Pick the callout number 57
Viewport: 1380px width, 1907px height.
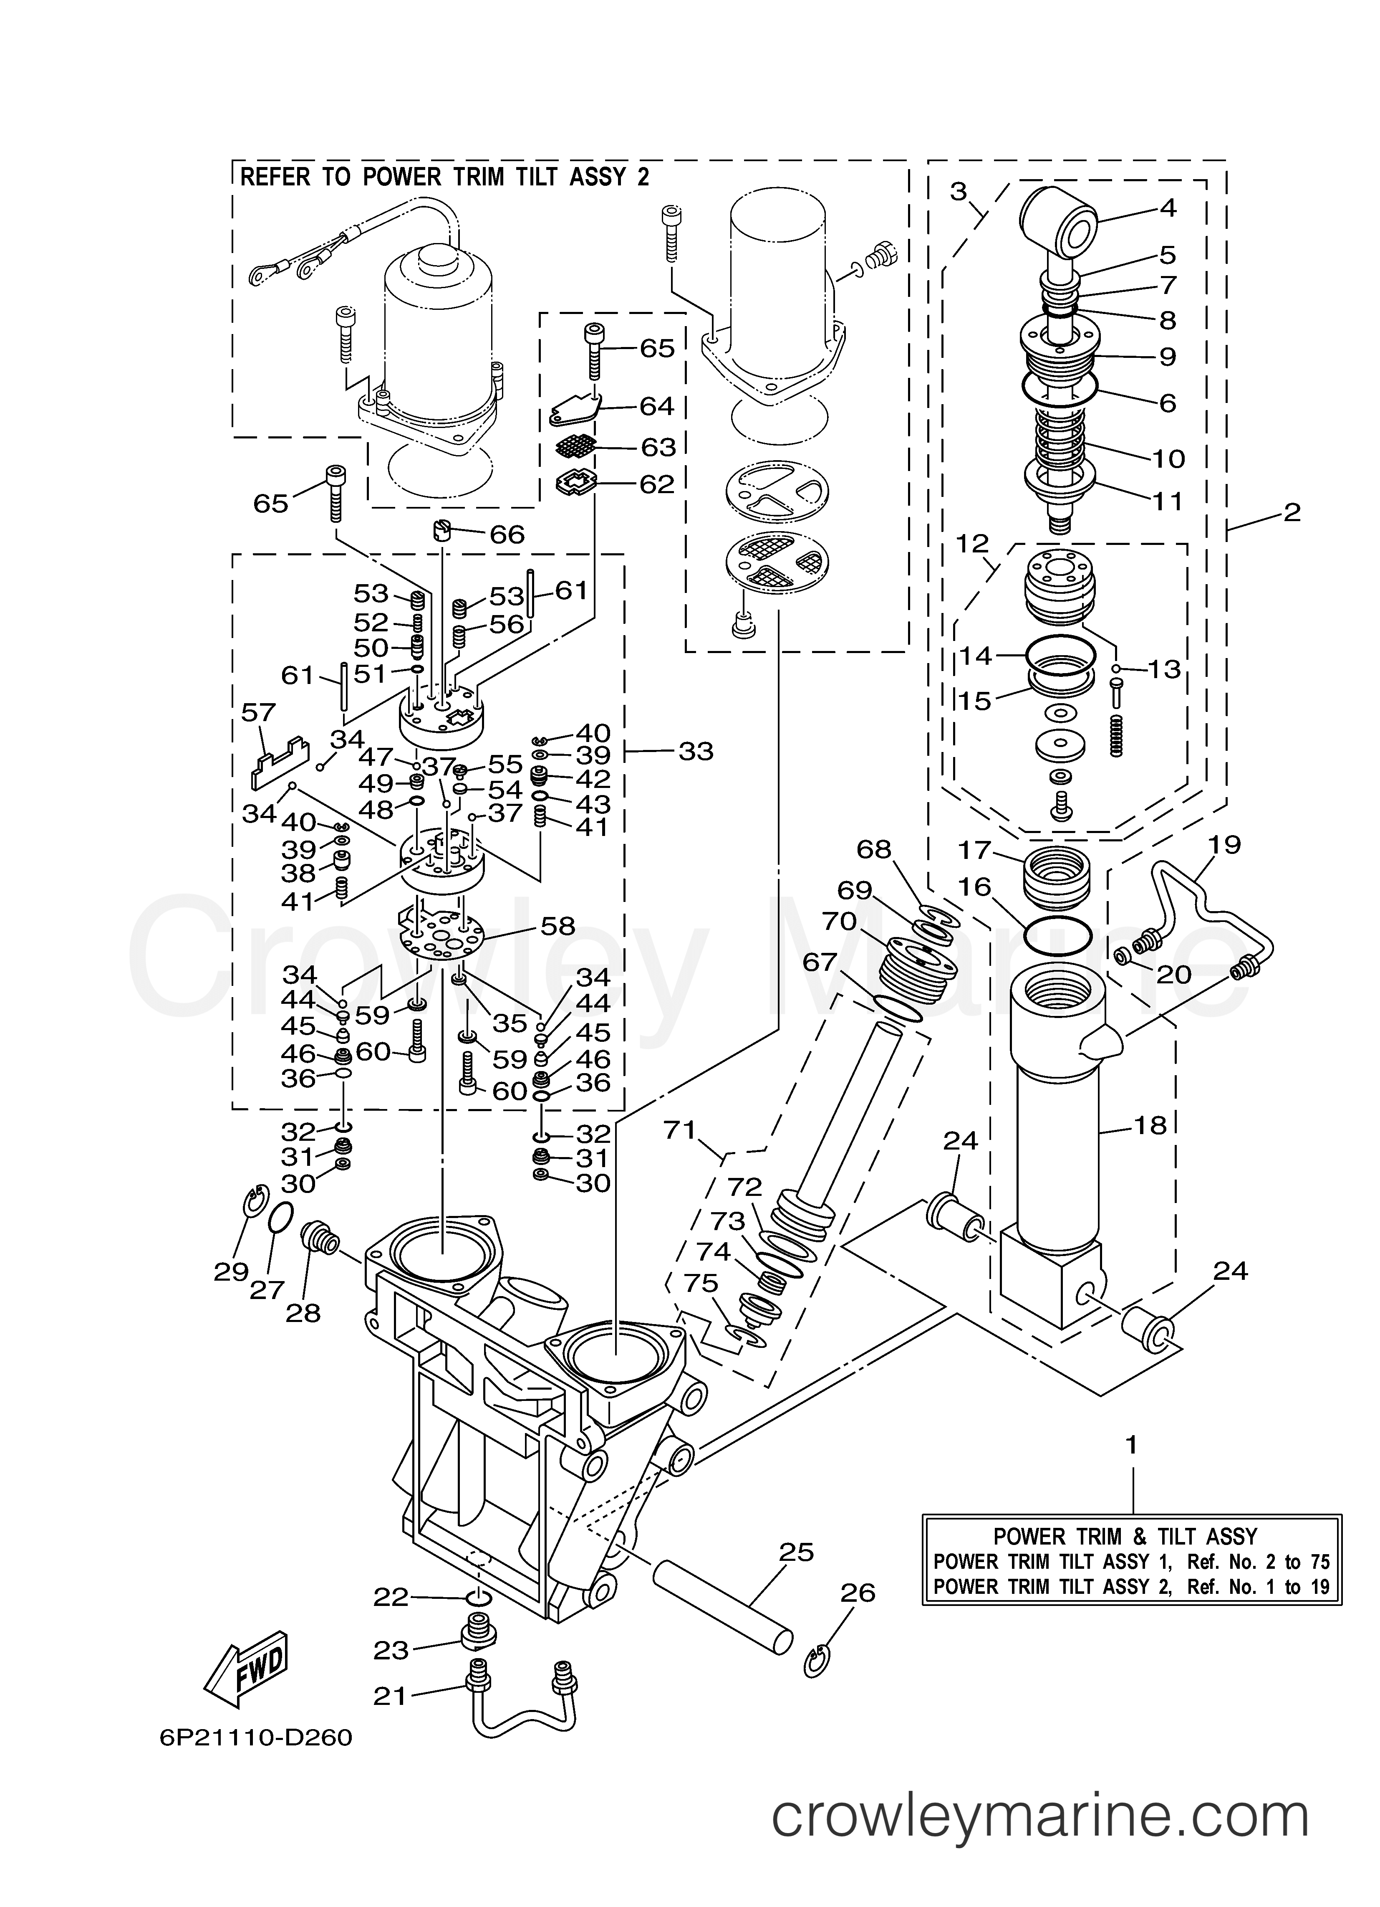[258, 713]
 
